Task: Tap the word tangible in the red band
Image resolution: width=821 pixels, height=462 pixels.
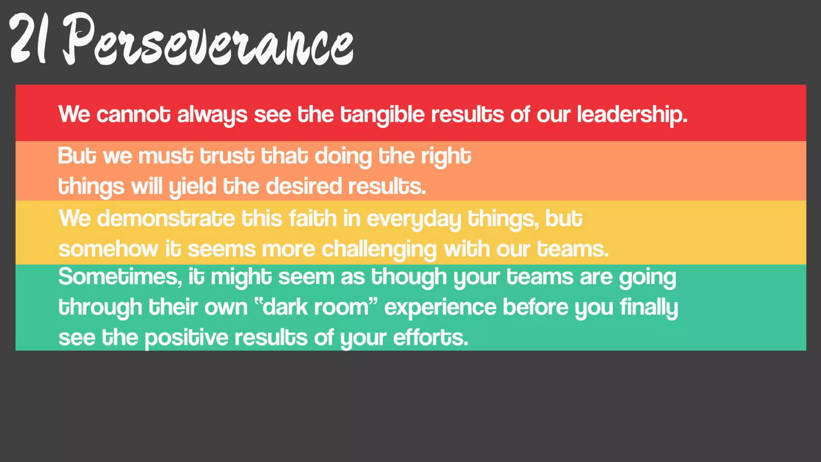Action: pos(382,115)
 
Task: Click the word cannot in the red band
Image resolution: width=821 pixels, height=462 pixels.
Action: pos(133,115)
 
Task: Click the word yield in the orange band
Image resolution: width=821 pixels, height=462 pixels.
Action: pos(192,187)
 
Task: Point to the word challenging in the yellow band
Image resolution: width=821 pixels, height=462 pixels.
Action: pos(379,249)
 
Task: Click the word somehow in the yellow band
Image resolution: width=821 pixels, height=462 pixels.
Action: pos(108,249)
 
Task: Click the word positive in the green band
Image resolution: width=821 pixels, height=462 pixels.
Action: pos(186,338)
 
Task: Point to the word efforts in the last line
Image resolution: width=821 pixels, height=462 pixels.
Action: pos(430,338)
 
